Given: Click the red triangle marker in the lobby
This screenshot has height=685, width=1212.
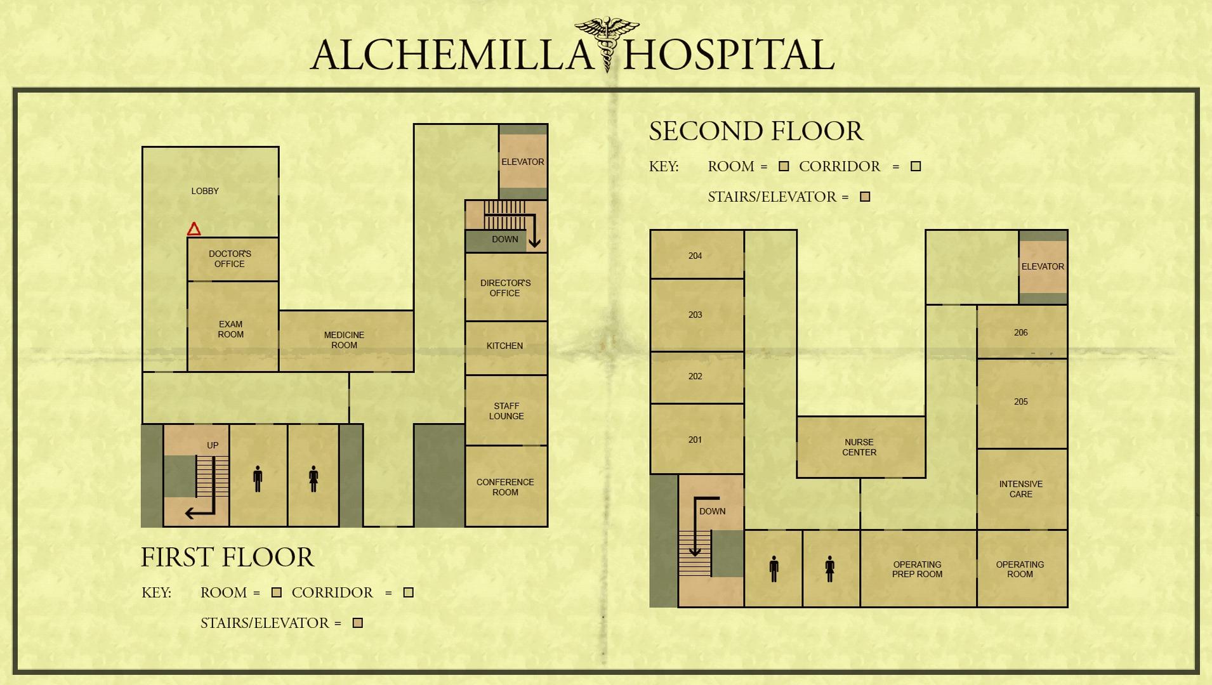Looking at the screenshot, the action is [194, 229].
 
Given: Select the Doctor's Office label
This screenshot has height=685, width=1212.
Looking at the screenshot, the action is [230, 259].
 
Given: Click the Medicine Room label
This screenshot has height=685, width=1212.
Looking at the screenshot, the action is [344, 340].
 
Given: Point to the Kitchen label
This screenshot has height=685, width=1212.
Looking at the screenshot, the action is [504, 346].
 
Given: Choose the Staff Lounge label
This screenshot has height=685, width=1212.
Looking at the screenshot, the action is [506, 411].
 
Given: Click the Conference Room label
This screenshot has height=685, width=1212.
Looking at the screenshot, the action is [505, 487].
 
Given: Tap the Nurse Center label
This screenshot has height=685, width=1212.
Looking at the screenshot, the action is [859, 447].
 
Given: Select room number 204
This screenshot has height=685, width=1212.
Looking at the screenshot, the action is [695, 256].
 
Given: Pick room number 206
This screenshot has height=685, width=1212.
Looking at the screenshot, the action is [1020, 332].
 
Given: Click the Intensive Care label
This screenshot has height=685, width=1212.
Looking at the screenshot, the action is [1020, 489].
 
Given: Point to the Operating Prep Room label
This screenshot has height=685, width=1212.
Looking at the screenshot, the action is [917, 569].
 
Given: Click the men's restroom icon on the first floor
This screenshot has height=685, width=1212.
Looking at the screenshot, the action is [258, 479].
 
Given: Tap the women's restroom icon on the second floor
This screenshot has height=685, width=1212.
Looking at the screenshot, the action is [829, 568].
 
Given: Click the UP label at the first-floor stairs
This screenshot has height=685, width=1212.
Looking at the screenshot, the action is [213, 445].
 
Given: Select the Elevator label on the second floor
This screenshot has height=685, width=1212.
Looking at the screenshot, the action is [1043, 266].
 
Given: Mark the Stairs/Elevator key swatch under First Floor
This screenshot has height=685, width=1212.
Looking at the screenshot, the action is [358, 623].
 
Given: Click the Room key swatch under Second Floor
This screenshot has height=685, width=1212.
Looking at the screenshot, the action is [784, 166].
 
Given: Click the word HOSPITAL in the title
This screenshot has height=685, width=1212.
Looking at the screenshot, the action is [728, 55].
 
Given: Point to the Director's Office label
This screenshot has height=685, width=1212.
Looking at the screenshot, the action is [505, 288].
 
